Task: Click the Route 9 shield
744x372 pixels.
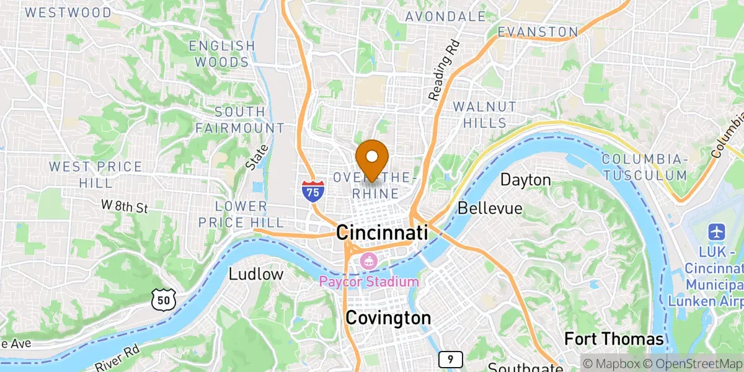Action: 450,359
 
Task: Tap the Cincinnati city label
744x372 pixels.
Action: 382,233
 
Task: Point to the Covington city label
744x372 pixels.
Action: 388,318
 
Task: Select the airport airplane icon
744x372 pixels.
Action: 717,233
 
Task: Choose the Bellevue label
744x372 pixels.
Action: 490,208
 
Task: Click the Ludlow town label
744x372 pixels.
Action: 256,274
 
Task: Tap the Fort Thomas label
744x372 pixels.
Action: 614,339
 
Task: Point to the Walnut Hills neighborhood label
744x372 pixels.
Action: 484,115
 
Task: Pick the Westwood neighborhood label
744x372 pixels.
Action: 68,12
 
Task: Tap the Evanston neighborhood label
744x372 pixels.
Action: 538,31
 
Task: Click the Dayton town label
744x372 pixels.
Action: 525,180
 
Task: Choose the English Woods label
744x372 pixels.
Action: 222,54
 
